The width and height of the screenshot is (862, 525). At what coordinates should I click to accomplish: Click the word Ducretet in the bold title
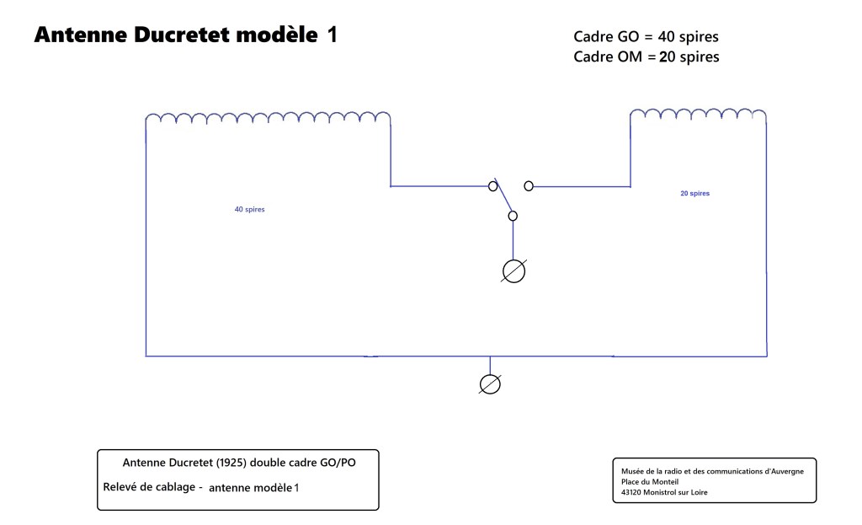tap(182, 35)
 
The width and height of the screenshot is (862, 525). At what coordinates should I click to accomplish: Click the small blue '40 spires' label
tap(249, 209)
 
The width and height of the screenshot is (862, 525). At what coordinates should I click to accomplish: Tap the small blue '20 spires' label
tap(694, 193)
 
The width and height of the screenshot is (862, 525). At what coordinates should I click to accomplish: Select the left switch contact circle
tap(492, 186)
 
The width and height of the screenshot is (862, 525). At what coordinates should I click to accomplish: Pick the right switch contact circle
tap(529, 186)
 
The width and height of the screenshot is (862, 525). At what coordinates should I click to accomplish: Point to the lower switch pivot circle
tap(513, 216)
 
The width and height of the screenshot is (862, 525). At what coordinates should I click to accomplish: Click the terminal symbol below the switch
tap(514, 271)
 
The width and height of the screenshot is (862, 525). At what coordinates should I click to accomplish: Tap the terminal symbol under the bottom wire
tap(490, 384)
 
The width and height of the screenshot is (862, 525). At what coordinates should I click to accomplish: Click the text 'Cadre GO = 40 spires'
tap(646, 37)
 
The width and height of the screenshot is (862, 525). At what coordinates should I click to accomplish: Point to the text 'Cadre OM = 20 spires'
tap(646, 56)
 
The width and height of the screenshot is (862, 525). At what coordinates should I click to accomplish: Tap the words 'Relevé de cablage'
tap(149, 487)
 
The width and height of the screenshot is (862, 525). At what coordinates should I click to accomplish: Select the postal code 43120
tap(631, 492)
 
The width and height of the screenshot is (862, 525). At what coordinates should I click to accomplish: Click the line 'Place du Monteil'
tap(650, 482)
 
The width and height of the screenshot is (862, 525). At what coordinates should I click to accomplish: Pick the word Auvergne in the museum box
tap(785, 472)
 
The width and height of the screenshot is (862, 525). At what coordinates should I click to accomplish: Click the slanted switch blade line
tap(503, 195)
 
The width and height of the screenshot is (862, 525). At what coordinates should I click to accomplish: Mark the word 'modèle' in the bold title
tap(277, 35)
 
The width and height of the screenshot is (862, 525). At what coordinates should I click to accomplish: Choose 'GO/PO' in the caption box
tap(338, 463)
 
